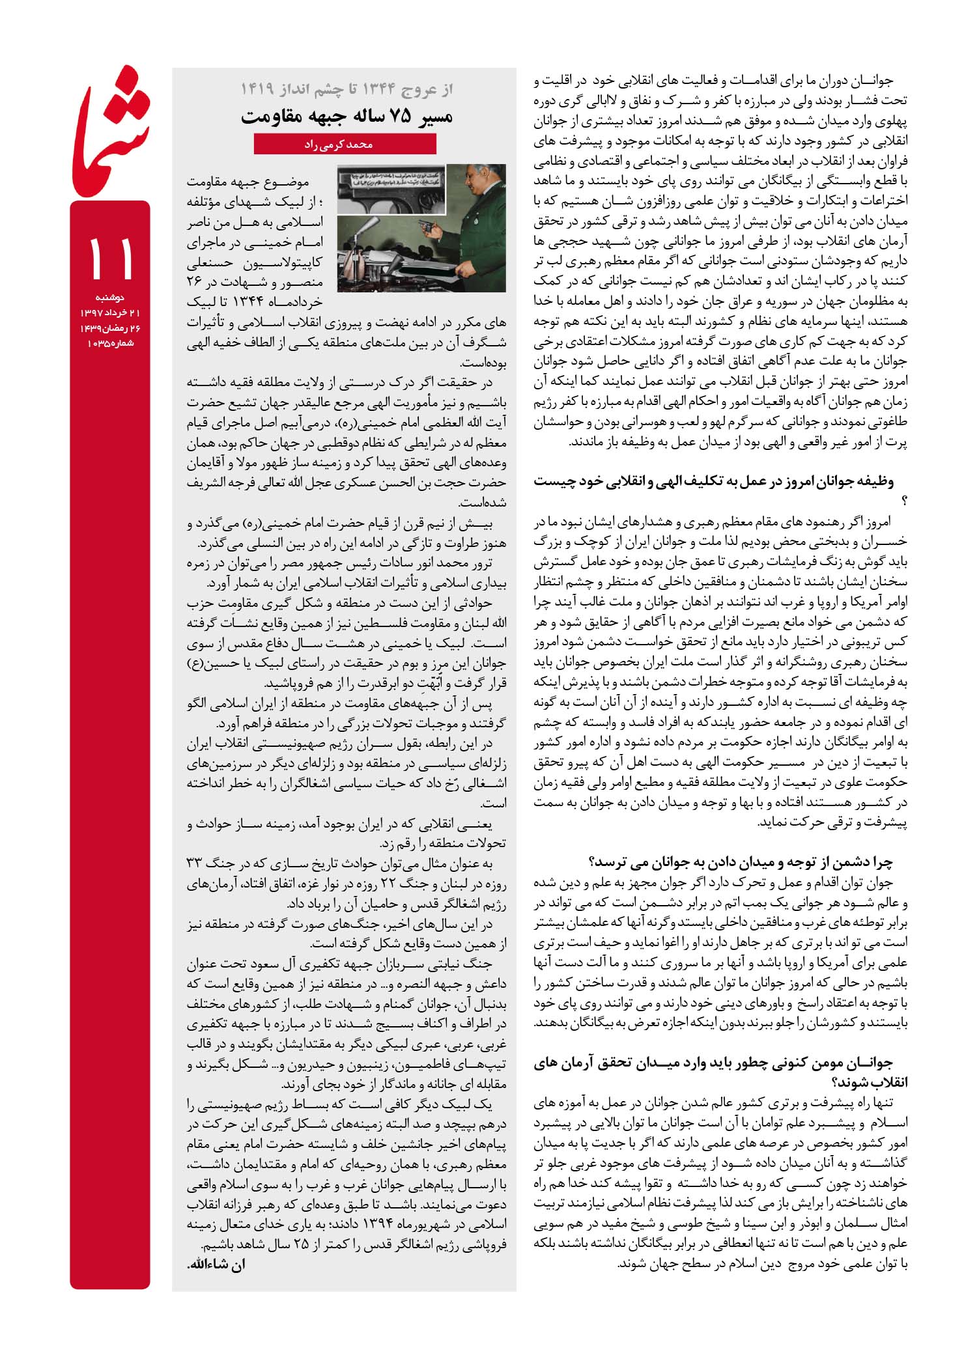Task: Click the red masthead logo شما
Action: tap(111, 130)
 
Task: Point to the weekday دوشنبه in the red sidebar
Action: tap(110, 298)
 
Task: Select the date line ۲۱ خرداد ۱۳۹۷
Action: tap(110, 313)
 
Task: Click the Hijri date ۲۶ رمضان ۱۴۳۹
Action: tap(110, 328)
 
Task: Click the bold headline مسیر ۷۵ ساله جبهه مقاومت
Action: tap(347, 117)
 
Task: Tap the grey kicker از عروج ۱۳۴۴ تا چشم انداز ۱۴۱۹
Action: tap(347, 89)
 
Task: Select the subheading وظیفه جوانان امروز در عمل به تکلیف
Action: tap(713, 482)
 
